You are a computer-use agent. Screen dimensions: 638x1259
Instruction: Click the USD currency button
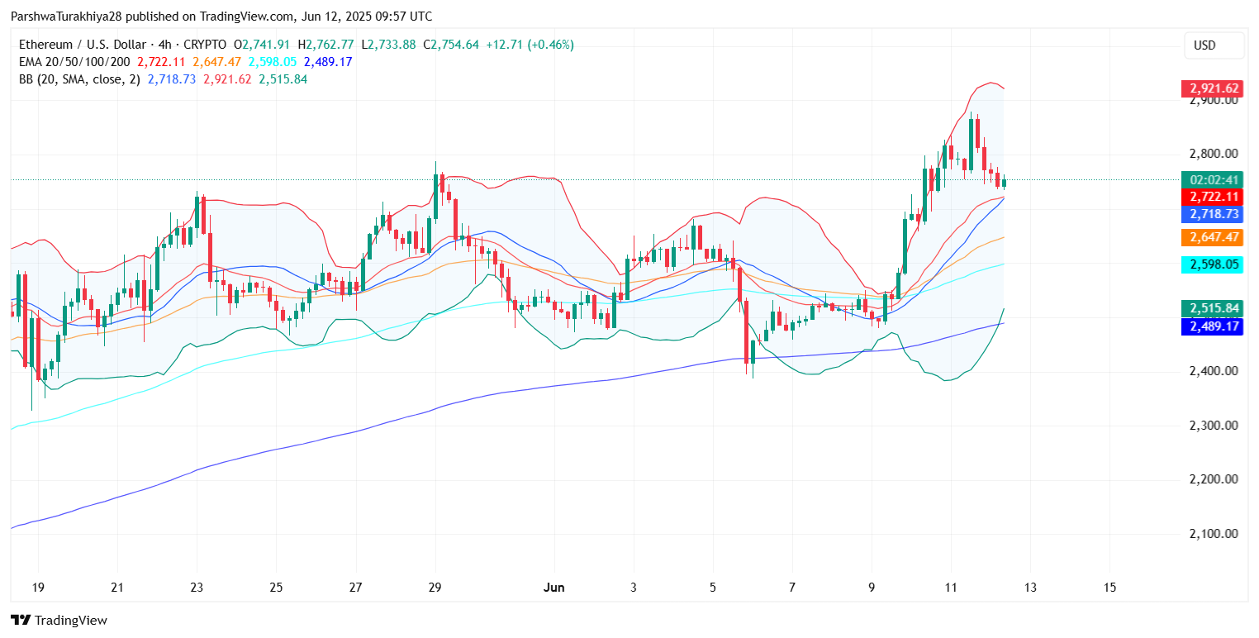[1214, 45]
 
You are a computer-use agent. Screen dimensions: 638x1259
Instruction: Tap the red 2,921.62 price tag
[1214, 88]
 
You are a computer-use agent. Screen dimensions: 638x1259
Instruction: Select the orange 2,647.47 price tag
[1214, 237]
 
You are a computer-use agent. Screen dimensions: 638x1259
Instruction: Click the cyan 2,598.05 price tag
[1214, 264]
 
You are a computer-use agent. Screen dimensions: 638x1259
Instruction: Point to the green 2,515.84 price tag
[1214, 308]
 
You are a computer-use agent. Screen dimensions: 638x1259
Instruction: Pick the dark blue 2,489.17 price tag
[1214, 326]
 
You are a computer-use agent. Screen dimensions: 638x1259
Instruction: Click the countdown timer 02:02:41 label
[1214, 179]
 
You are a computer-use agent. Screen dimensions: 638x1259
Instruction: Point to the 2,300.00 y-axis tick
[1214, 426]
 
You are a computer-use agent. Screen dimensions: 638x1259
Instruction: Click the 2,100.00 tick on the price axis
[1214, 534]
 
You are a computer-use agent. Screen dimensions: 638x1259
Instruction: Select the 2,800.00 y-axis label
[1214, 154]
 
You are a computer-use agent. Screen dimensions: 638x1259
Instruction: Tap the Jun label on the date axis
[554, 588]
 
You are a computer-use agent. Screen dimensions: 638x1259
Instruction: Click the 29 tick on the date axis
[435, 588]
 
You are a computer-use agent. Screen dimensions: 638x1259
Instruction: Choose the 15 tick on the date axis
[1109, 588]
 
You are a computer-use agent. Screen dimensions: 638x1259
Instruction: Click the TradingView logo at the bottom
[59, 621]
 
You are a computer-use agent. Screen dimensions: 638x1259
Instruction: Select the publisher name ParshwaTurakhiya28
[58, 17]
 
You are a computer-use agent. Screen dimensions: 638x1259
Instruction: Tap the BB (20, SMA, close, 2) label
[78, 79]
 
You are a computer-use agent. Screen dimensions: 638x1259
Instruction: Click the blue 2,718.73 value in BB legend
[172, 79]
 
